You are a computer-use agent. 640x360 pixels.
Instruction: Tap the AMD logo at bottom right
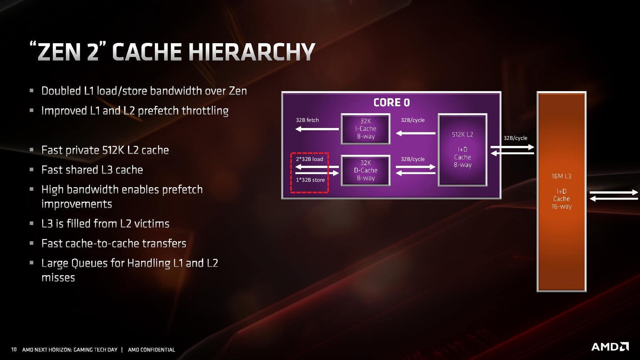[610, 346]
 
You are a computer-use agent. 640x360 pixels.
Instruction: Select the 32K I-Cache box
[366, 129]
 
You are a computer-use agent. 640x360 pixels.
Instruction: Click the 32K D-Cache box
[366, 170]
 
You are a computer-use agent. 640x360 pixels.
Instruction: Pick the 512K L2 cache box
[462, 150]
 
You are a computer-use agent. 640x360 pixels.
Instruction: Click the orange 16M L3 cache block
[562, 192]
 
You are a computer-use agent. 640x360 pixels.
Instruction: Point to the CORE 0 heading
[392, 102]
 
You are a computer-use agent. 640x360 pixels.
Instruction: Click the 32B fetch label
[307, 120]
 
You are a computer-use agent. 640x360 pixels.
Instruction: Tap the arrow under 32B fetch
[317, 129]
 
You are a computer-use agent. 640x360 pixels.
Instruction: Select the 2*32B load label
[310, 159]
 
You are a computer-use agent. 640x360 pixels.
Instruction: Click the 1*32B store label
[310, 180]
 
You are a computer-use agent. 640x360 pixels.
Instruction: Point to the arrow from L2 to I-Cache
[416, 133]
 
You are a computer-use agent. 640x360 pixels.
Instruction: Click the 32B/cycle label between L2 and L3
[516, 138]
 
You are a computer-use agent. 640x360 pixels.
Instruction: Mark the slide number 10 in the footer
[14, 350]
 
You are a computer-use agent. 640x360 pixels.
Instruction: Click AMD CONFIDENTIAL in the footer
[152, 350]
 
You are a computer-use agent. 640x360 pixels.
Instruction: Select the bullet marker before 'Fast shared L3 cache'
[32, 170]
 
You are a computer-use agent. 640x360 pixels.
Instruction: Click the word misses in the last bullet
[58, 278]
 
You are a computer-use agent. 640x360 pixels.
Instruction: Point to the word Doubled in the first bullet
[61, 91]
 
